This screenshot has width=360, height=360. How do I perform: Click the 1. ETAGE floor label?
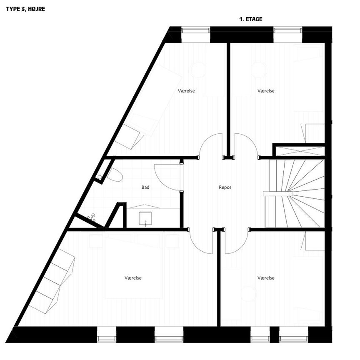click(x=250, y=19)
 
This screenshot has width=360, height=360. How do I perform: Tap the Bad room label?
click(x=145, y=187)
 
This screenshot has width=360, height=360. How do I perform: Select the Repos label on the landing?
click(x=225, y=187)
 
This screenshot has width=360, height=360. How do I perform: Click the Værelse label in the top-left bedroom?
click(x=186, y=91)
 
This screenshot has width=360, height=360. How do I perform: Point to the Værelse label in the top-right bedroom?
click(x=266, y=91)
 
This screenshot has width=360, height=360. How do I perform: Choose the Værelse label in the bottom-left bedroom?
click(x=133, y=278)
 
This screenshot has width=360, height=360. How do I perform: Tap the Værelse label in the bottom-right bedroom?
click(x=266, y=278)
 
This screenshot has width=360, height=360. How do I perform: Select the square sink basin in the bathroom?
click(x=145, y=217)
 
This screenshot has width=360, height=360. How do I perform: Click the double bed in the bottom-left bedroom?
click(x=133, y=267)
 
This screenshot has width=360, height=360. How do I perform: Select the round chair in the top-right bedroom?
click(x=259, y=70)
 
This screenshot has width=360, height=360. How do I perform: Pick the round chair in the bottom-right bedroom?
click(x=249, y=294)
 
